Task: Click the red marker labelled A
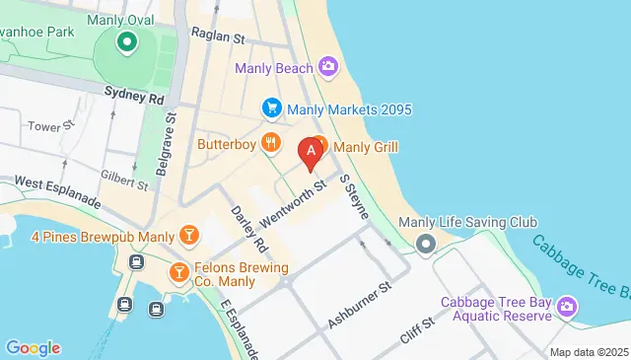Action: (312, 152)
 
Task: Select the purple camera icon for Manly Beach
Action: (328, 67)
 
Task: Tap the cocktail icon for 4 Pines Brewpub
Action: (188, 236)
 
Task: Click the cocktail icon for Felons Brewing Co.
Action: (179, 271)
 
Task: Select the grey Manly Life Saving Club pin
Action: (425, 244)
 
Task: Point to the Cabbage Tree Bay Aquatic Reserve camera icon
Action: (567, 308)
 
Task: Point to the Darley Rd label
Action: (247, 227)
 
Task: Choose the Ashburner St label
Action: (360, 299)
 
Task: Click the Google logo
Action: (33, 347)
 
